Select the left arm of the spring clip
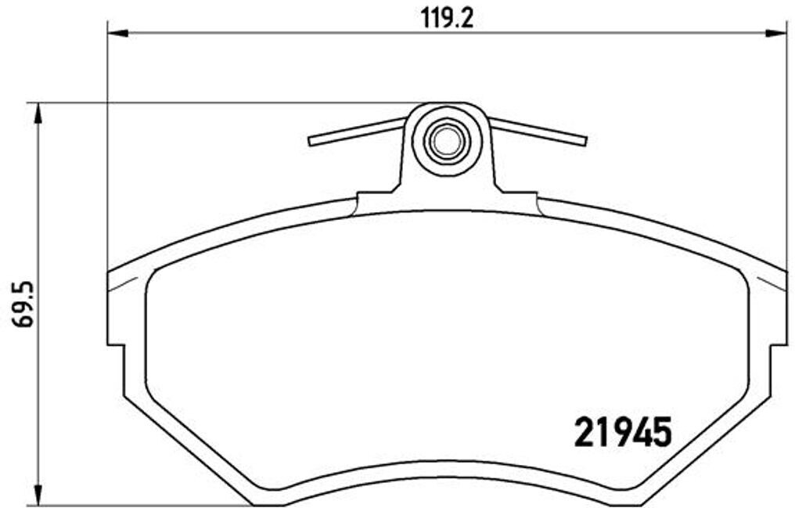[357, 132]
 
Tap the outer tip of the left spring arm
[311, 142]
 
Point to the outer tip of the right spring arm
[584, 141]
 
